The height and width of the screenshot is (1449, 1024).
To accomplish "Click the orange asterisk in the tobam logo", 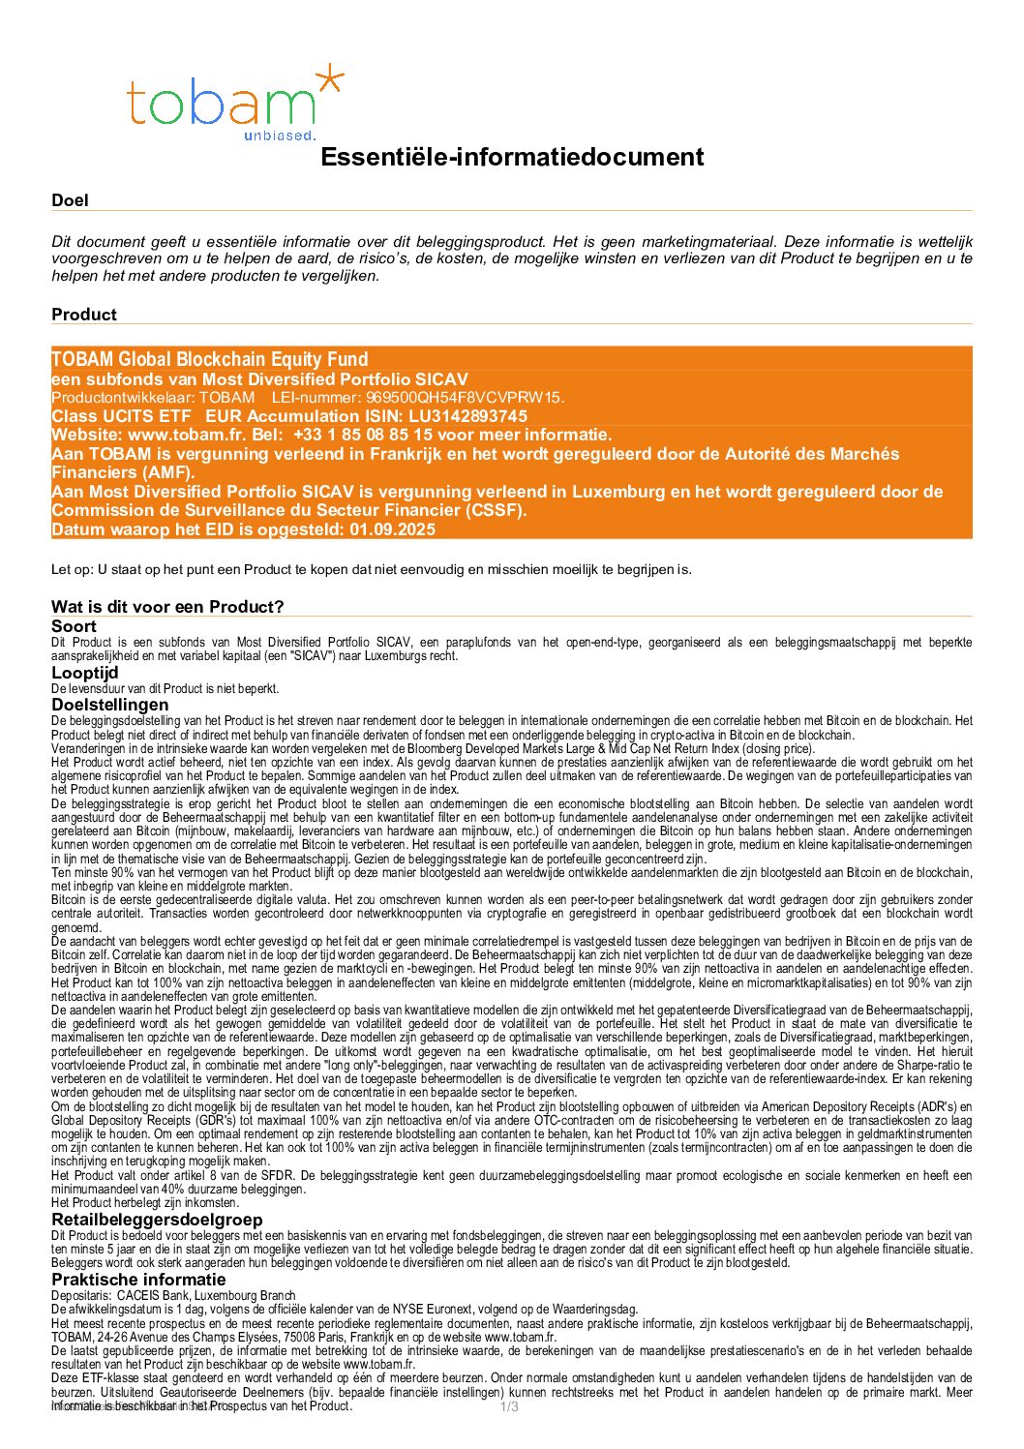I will click(x=329, y=79).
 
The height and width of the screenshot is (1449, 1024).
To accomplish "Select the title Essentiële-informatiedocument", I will click(x=512, y=157).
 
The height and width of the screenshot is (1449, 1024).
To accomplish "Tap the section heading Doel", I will click(x=70, y=200).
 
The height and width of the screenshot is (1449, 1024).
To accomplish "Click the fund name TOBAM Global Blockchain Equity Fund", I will click(x=210, y=359).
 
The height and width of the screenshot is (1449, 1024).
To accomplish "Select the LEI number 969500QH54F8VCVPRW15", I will click(x=465, y=398).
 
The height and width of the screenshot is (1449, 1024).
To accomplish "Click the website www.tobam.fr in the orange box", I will click(x=186, y=435).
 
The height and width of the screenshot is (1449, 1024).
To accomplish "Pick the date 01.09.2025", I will click(x=393, y=529).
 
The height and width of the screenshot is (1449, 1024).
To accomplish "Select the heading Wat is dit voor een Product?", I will click(x=167, y=607).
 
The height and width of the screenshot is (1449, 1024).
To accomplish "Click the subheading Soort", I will click(x=75, y=626).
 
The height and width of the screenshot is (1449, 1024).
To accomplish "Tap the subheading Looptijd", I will click(x=85, y=672).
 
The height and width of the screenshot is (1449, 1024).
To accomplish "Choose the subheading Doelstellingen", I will click(x=110, y=705).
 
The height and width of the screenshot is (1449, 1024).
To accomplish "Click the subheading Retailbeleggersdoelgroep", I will click(x=157, y=1220).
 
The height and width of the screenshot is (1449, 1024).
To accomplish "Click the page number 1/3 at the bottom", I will click(x=509, y=1406).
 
